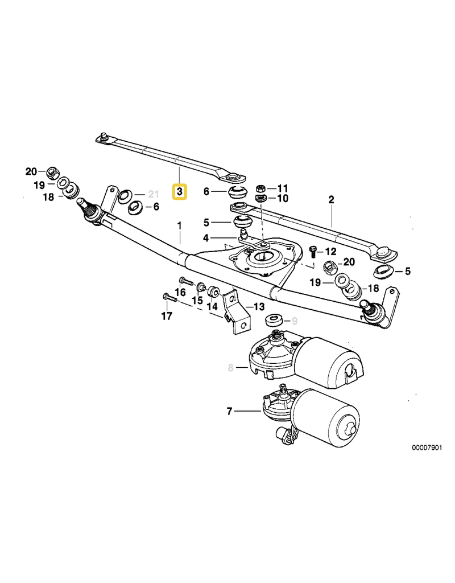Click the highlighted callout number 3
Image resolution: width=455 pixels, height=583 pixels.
tap(179, 192)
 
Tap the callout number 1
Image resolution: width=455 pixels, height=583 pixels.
tap(180, 226)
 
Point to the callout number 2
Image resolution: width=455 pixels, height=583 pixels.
tap(331, 199)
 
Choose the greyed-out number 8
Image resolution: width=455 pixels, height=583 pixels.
tap(231, 368)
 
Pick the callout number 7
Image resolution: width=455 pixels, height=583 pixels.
tap(229, 410)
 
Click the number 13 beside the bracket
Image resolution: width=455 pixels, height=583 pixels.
tap(259, 307)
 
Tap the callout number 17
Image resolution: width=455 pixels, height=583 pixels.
tap(166, 316)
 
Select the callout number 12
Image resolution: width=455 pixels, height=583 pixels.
tap(330, 251)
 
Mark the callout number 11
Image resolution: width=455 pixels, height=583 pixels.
tap(283, 188)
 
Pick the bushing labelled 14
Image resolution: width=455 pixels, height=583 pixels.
tap(214, 291)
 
